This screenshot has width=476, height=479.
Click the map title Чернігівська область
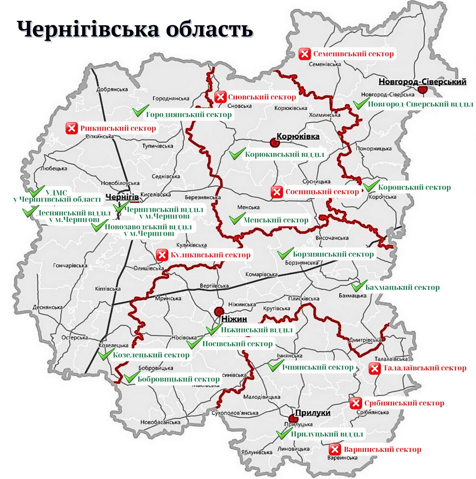(x=135, y=29)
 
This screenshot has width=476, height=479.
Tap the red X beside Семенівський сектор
(x=305, y=54)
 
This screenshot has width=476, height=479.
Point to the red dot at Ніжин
(x=219, y=311)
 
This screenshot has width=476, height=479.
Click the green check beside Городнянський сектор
(x=140, y=111)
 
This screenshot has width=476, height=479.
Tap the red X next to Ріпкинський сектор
(x=71, y=129)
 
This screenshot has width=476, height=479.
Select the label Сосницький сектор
(x=322, y=192)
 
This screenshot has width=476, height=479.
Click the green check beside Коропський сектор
(x=371, y=186)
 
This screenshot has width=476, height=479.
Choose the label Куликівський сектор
(x=210, y=255)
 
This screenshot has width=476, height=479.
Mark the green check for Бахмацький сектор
(x=358, y=286)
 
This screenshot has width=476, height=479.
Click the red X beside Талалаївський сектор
(x=374, y=369)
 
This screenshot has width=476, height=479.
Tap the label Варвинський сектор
(x=382, y=450)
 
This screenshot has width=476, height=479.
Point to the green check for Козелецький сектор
(x=105, y=354)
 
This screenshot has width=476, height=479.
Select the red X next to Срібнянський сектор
(x=355, y=403)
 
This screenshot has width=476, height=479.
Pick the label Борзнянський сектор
(x=333, y=254)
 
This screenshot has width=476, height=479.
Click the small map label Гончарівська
(x=70, y=266)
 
